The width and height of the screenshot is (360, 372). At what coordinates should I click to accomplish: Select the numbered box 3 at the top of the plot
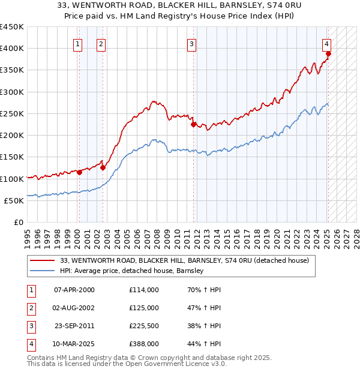191,43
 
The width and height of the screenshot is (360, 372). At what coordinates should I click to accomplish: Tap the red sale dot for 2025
329,54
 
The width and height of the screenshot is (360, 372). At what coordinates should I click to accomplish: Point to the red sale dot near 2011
194,125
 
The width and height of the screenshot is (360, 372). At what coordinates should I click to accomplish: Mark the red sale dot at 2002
103,168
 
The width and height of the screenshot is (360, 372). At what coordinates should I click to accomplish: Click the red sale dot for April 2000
79,173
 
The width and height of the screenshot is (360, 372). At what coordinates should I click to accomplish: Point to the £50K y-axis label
14,200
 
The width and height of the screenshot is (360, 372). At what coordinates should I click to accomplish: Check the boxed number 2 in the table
29,308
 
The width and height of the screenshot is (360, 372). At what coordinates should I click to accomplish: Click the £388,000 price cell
143,344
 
